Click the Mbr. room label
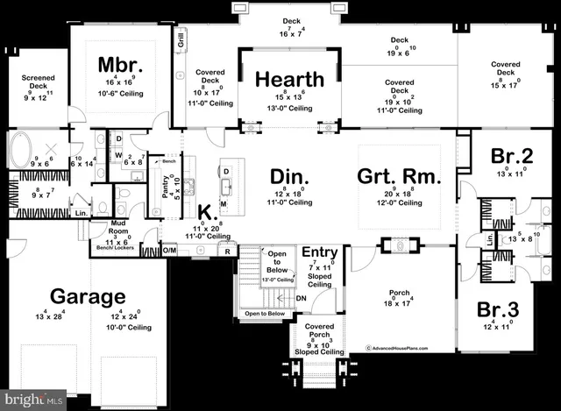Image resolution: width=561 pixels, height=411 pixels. coord(114,65)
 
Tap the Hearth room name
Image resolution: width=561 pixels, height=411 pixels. coord(289,79)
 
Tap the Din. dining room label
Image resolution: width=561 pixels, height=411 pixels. coord(289,178)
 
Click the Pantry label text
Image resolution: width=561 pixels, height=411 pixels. coord(165,186)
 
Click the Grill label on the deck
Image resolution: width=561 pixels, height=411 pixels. coord(180,39)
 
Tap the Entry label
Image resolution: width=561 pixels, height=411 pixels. coord(320,253)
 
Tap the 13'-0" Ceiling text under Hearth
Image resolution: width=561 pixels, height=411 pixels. coord(289,108)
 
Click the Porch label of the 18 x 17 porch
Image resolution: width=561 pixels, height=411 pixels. coord(400,293)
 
